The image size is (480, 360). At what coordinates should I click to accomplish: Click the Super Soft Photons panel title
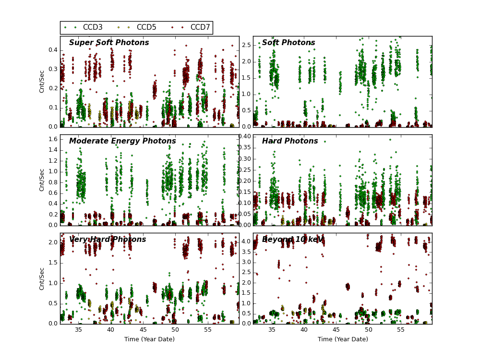109,43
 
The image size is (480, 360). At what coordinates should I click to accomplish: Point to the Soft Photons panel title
288,43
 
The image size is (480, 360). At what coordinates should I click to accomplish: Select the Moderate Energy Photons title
122,142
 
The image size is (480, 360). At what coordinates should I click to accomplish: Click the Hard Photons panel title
290,142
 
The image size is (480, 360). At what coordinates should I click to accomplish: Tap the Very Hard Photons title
108,240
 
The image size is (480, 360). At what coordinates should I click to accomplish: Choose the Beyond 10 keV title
293,240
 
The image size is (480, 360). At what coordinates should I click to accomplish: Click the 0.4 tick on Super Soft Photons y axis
52,50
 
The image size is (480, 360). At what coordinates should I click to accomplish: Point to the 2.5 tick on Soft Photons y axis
245,45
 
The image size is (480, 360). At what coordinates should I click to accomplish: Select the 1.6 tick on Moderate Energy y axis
52,139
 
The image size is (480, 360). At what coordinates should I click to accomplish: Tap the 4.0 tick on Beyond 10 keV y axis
245,241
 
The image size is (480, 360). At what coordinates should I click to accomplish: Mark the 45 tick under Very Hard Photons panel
143,330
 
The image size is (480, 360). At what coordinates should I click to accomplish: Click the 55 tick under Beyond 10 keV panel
400,330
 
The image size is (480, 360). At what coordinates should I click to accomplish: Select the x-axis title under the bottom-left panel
150,339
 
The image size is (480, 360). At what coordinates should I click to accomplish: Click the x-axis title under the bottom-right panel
343,339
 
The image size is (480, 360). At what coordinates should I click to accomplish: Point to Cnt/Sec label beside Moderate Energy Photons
42,180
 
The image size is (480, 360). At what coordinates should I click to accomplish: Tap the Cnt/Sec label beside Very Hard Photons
42,278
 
